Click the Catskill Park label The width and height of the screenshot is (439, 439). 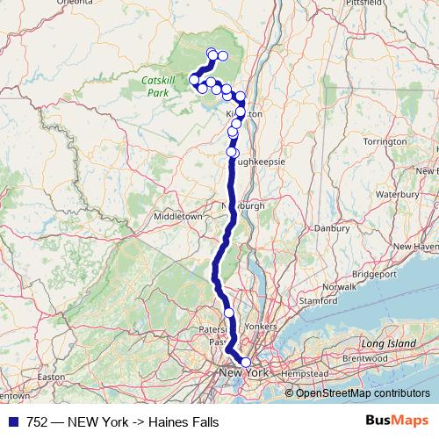click(x=158, y=85)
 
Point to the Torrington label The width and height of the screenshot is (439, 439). click(x=384, y=140)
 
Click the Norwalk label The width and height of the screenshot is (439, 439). click(x=340, y=287)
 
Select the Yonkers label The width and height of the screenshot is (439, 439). click(x=261, y=326)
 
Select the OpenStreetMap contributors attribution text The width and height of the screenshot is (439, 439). click(x=363, y=393)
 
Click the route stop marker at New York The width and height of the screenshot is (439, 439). click(x=246, y=362)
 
